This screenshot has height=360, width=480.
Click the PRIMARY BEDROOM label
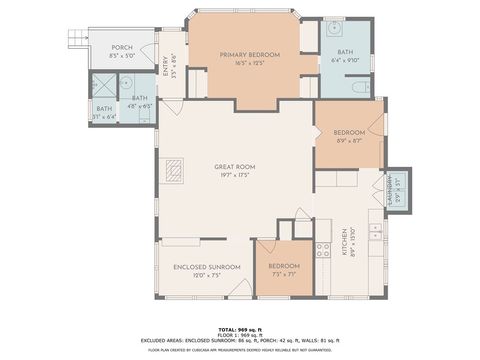coord(249,54)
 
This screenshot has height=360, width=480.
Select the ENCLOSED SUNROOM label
coord(207,266)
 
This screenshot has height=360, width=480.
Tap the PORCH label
coord(122,47)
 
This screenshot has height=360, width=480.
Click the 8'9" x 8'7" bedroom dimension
coord(347,141)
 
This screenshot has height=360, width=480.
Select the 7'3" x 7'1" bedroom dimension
coord(283,275)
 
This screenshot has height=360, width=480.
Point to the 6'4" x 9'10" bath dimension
coord(345,60)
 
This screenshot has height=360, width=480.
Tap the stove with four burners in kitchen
coord(324,250)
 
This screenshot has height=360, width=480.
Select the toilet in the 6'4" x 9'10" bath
coord(359,87)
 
